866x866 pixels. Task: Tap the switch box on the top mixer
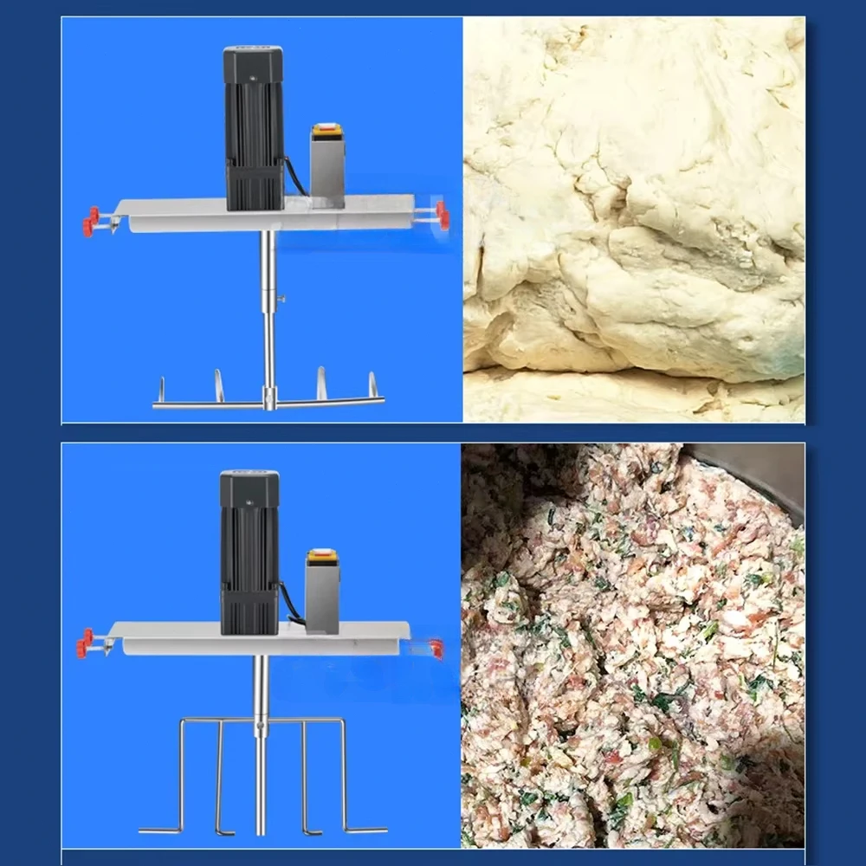coord(327,165)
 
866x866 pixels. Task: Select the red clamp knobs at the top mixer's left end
coord(91,220)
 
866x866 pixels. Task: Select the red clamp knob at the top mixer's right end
coord(443,215)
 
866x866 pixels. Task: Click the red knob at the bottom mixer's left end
coord(84,642)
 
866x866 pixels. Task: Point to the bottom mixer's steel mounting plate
coord(173,637)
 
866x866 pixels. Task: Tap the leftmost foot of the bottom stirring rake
coord(160,830)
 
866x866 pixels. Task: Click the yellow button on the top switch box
coord(327,130)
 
